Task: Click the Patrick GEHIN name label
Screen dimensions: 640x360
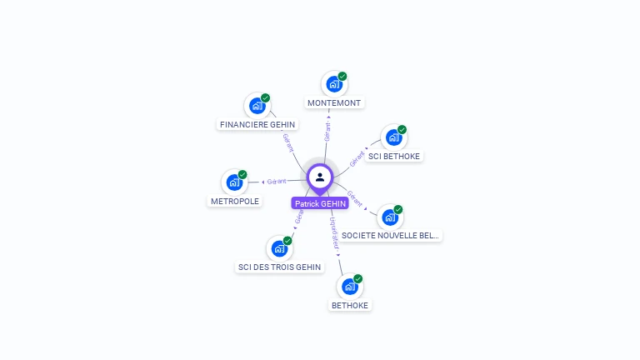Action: coord(320,203)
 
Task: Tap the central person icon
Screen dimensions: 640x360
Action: coord(320,177)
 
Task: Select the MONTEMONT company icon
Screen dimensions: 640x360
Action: coord(333,84)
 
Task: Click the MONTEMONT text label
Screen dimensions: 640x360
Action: coord(334,103)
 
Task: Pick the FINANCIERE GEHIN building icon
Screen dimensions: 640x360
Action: coord(257,106)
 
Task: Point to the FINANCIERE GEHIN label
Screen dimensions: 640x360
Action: coord(257,125)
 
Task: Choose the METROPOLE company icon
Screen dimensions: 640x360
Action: coord(234,182)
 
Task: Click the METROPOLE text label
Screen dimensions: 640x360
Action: coord(235,201)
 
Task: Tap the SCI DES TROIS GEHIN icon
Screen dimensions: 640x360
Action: coord(279,248)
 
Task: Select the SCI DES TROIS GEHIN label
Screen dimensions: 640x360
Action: coord(279,267)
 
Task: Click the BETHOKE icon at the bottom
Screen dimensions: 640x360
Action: coord(350,287)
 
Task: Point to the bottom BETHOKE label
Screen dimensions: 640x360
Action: coord(350,305)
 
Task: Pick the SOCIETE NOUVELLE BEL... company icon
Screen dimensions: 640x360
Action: coord(390,217)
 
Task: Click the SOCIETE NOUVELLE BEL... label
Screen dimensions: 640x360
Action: coord(390,236)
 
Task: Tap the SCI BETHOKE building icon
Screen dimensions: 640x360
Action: coord(393,137)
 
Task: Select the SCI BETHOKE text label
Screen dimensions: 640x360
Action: coord(394,156)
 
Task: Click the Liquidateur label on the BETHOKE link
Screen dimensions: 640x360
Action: coord(334,234)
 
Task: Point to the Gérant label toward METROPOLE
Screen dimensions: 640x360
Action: coord(277,181)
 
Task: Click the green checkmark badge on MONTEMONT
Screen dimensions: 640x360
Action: coord(342,76)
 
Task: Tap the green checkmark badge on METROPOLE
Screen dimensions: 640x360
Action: coord(242,174)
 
